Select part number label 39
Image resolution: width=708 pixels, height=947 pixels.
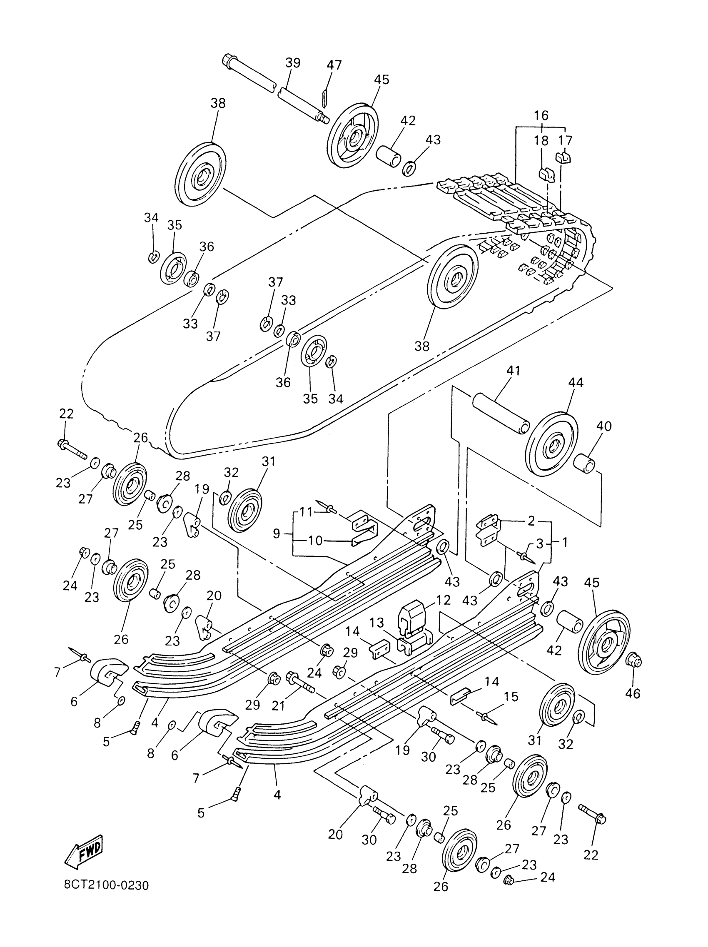pyautogui.click(x=293, y=63)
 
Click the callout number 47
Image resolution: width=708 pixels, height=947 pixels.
pyautogui.click(x=334, y=65)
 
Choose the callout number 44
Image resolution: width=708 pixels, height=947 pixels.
pyautogui.click(x=575, y=382)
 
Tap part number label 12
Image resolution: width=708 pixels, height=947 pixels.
pyautogui.click(x=443, y=600)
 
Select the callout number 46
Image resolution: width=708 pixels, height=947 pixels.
pyautogui.click(x=633, y=693)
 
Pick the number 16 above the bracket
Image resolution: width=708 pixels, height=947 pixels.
pyautogui.click(x=541, y=115)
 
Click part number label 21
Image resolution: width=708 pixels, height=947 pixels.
pyautogui.click(x=278, y=705)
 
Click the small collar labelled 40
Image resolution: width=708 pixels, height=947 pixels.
pyautogui.click(x=583, y=464)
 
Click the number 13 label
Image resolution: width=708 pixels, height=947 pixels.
pyautogui.click(x=376, y=623)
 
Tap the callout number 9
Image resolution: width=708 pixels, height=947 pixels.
pyautogui.click(x=277, y=533)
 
